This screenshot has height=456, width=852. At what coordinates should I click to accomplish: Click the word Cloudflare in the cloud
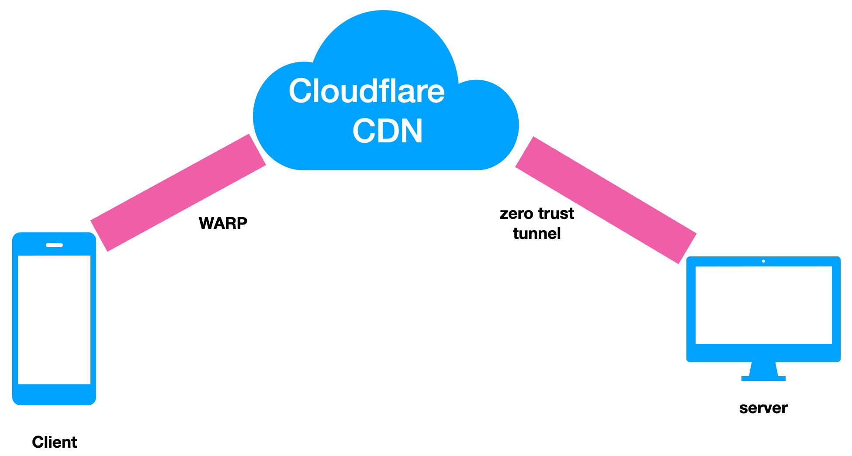pos(366,91)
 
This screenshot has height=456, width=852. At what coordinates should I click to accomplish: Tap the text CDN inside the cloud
pos(387,131)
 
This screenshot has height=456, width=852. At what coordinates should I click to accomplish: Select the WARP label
pos(223,223)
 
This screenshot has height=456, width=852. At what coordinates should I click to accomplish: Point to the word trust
pos(556,214)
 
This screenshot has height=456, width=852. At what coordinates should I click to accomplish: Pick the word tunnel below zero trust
pos(537,234)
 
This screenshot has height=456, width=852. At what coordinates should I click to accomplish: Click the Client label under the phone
pos(55,442)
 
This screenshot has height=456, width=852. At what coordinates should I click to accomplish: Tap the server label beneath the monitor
pos(763,408)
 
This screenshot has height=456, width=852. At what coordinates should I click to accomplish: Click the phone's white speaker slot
pos(54,245)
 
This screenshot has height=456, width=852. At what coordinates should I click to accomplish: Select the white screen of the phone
pos(54,320)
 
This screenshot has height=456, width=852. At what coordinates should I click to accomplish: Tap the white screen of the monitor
pos(763,305)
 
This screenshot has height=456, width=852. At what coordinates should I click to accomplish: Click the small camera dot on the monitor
pos(763,261)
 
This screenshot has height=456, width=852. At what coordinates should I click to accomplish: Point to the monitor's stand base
pos(763,378)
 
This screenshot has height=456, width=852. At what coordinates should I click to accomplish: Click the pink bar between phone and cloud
pos(178,193)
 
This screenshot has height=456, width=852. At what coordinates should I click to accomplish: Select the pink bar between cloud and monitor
pos(606,200)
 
